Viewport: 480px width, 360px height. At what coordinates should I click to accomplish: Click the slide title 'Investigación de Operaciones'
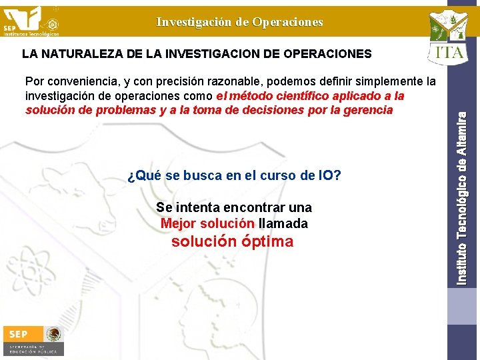pyautogui.click(x=239, y=22)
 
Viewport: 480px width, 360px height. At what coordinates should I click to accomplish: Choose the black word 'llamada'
pyautogui.click(x=283, y=223)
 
